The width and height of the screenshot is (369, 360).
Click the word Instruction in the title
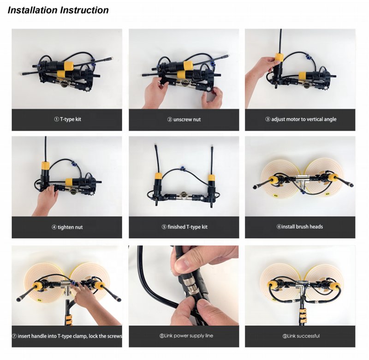[84, 10]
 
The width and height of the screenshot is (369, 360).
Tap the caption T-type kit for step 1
[67, 119]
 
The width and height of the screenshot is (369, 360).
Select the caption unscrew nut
[184, 120]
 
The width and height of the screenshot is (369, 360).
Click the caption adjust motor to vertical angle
[301, 119]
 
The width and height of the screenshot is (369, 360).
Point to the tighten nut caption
[67, 227]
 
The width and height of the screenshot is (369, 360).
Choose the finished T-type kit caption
[184, 227]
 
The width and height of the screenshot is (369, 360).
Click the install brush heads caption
[300, 227]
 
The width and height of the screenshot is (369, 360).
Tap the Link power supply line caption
[186, 336]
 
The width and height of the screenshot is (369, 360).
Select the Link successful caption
[301, 336]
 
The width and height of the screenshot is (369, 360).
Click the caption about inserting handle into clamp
[67, 336]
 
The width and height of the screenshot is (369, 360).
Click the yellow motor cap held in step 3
[280, 58]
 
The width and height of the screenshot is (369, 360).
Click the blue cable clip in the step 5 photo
[181, 168]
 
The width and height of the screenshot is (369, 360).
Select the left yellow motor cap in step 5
[157, 177]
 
